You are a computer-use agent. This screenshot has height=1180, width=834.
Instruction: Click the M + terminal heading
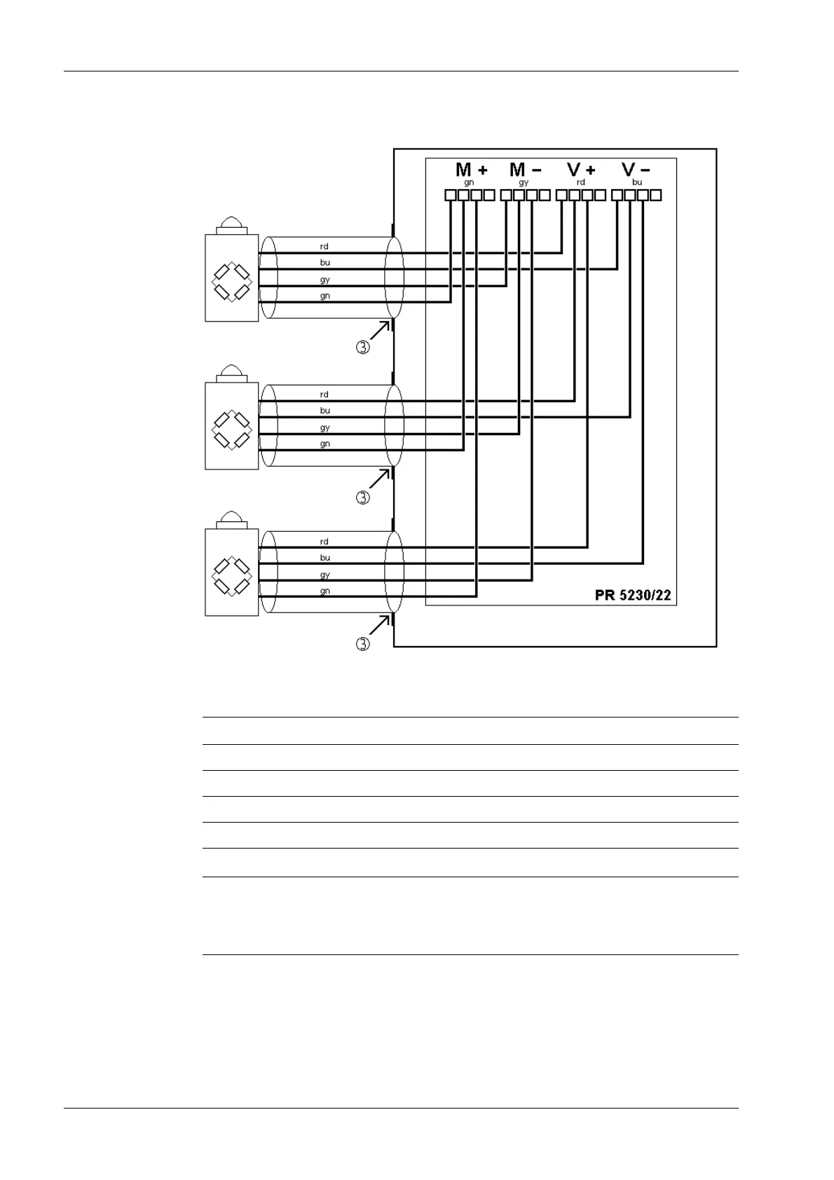click(x=471, y=170)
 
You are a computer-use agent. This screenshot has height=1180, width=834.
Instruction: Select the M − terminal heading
click(x=525, y=170)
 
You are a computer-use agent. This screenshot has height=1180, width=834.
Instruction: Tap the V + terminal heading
click(x=581, y=170)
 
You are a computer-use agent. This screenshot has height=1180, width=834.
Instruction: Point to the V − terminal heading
click(x=636, y=170)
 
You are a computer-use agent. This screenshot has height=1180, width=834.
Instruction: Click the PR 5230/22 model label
click(x=633, y=596)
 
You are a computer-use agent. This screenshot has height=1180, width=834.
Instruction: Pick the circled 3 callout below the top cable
click(x=362, y=347)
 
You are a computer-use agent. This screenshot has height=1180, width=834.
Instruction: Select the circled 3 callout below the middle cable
click(x=362, y=498)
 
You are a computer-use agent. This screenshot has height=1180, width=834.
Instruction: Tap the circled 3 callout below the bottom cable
click(x=362, y=644)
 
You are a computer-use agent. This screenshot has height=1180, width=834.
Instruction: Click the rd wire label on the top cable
click(x=324, y=247)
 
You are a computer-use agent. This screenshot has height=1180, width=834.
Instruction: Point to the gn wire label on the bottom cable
click(x=325, y=591)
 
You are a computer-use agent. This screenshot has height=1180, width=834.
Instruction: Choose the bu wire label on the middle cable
click(x=325, y=411)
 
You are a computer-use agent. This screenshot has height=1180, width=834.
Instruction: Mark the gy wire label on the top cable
click(x=325, y=280)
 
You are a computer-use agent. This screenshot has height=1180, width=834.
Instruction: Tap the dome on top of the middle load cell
click(x=232, y=371)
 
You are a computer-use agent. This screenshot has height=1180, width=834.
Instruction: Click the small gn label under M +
click(x=469, y=182)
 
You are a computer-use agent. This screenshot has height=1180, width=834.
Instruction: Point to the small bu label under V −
click(x=637, y=182)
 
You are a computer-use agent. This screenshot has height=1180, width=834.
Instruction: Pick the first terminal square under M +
click(x=451, y=195)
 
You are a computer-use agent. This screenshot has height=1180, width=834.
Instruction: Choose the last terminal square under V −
click(x=656, y=195)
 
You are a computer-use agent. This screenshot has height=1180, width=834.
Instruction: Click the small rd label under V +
click(x=580, y=182)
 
